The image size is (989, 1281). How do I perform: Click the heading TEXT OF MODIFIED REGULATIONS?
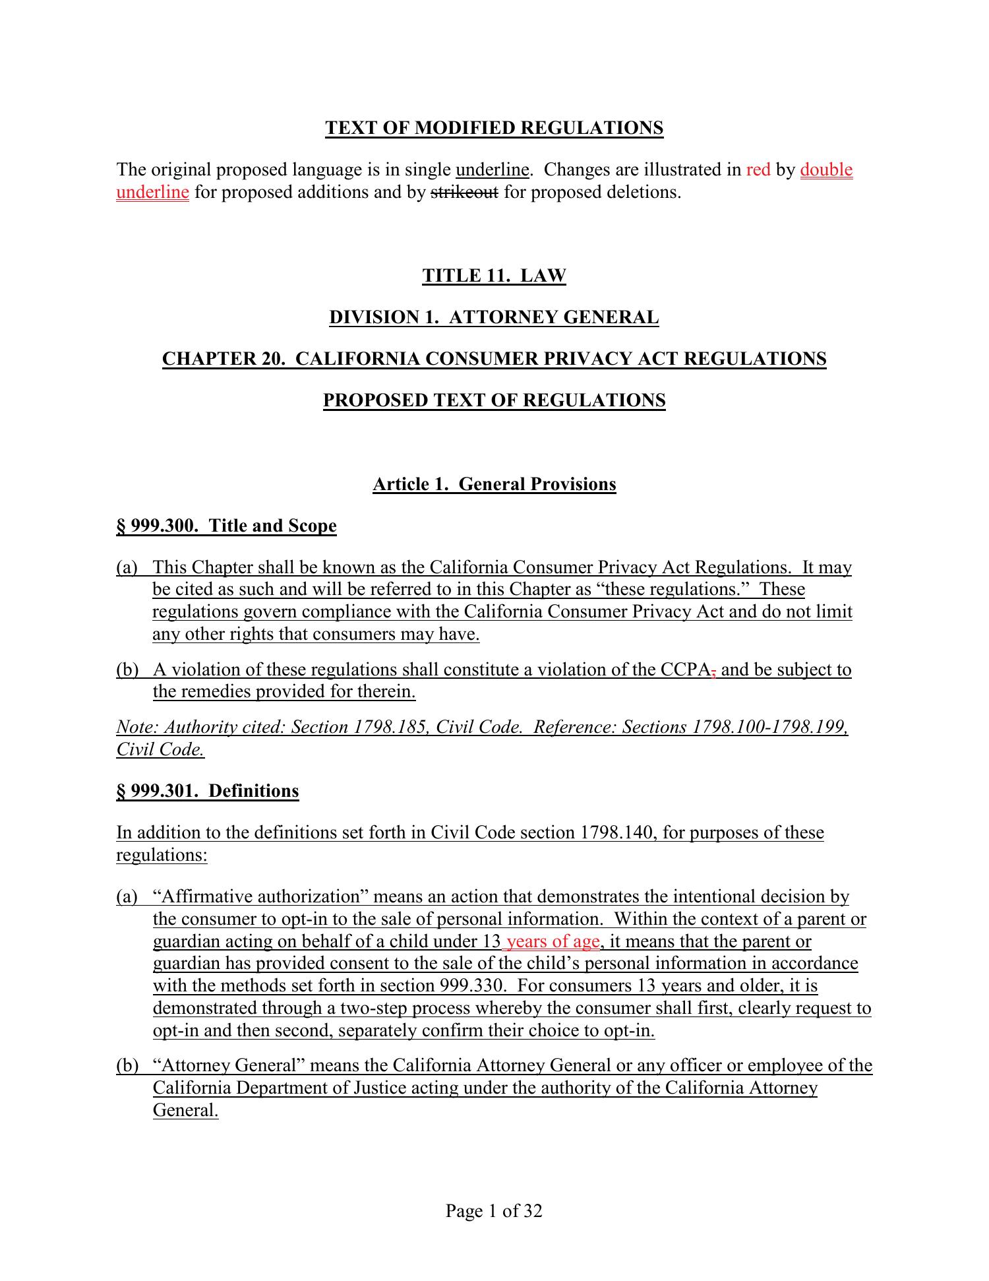pyautogui.click(x=494, y=128)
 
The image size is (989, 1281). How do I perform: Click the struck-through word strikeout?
pyautogui.click(x=464, y=193)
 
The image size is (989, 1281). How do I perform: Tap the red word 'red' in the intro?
pyautogui.click(x=758, y=170)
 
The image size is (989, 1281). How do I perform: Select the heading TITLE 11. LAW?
pyautogui.click(x=494, y=276)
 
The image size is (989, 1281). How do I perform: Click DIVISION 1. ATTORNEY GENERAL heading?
pyautogui.click(x=494, y=318)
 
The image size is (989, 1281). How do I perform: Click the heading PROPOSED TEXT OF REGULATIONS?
pyautogui.click(x=494, y=401)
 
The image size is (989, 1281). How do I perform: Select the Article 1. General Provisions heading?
pyautogui.click(x=494, y=485)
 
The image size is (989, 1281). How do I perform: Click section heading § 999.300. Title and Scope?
pyautogui.click(x=226, y=526)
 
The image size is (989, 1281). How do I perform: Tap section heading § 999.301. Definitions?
pyautogui.click(x=208, y=792)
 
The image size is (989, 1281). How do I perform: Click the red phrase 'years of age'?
pyautogui.click(x=553, y=942)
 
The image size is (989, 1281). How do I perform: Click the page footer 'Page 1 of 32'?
pyautogui.click(x=494, y=1211)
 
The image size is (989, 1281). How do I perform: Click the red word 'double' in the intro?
pyautogui.click(x=826, y=170)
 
